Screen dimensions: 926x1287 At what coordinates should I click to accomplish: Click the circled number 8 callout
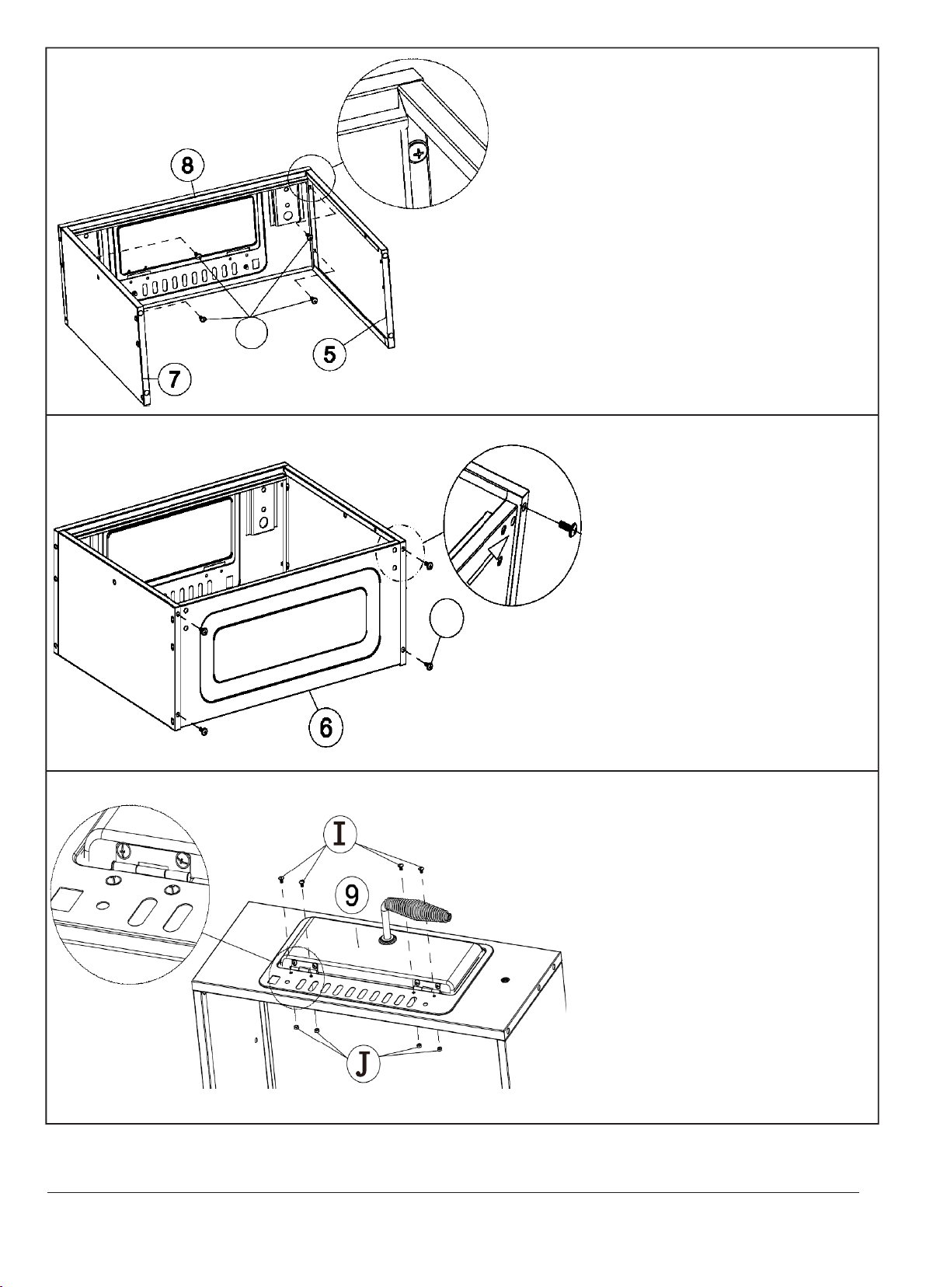(x=187, y=166)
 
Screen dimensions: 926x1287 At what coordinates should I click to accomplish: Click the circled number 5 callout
(x=329, y=354)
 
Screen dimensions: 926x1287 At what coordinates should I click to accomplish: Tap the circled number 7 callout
(x=174, y=379)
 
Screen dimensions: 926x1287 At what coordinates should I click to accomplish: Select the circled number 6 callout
(x=325, y=727)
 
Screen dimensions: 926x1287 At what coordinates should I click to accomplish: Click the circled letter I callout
(x=339, y=834)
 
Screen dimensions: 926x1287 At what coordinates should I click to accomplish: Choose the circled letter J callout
(x=363, y=1066)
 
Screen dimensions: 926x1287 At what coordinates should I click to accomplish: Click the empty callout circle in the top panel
(x=252, y=332)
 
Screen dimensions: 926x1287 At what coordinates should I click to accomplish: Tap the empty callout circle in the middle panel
(x=447, y=618)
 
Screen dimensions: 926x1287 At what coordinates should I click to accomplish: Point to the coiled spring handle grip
(x=423, y=909)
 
